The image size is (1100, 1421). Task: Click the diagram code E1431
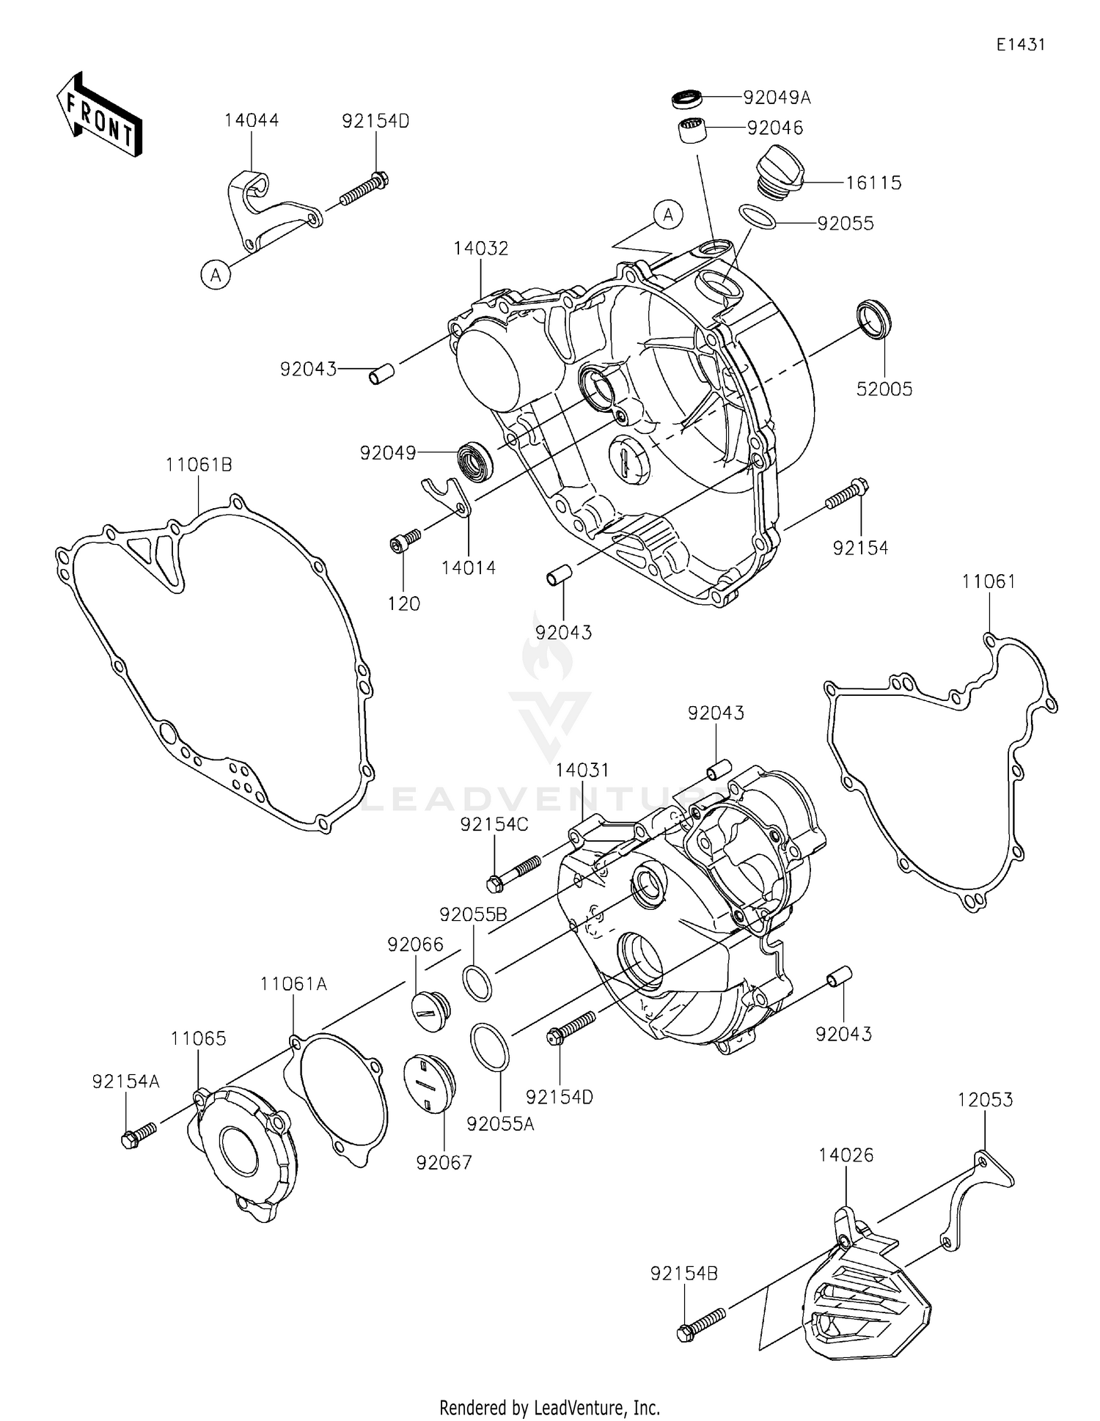1019,44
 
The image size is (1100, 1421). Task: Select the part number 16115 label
873,183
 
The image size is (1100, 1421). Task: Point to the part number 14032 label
480,248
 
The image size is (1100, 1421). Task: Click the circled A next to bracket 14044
216,275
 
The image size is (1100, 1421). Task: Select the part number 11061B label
198,464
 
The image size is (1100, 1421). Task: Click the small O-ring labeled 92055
756,217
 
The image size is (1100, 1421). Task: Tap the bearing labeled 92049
475,461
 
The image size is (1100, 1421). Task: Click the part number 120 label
404,603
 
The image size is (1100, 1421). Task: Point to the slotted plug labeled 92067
430,1084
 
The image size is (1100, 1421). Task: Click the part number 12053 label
985,1099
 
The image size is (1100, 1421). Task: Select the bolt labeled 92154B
703,1323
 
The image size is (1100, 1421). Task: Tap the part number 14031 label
582,770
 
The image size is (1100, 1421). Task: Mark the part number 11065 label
198,1038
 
